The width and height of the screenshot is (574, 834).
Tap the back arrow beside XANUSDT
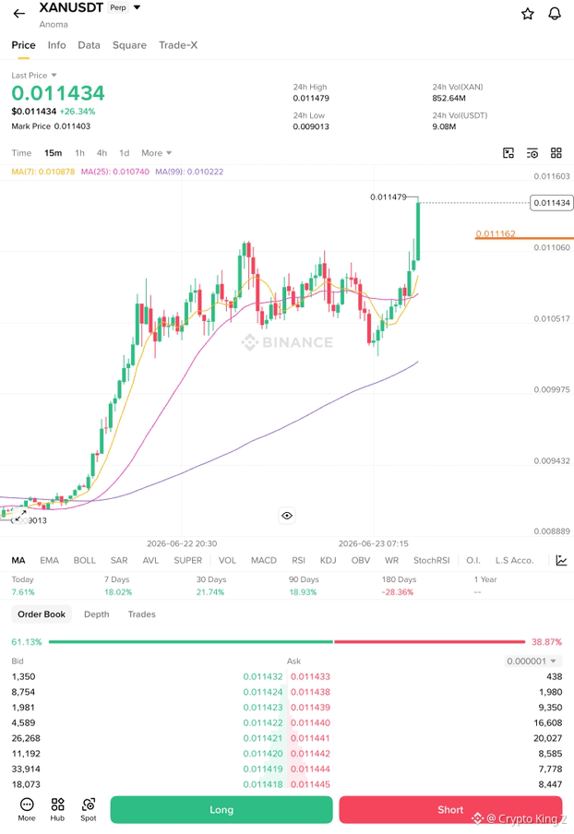[x=19, y=14]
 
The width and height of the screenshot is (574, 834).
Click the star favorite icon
[x=527, y=14]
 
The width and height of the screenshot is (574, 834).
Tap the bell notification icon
[x=555, y=14]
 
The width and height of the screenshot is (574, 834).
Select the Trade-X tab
[x=178, y=45]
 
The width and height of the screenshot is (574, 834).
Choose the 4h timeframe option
[x=102, y=153]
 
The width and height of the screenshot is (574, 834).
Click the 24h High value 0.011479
[x=311, y=99]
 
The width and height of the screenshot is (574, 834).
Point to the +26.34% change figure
[x=78, y=112]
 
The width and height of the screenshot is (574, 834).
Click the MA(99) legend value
[x=189, y=172]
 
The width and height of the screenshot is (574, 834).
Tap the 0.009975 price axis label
[x=552, y=390]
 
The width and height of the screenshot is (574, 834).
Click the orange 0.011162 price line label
[x=496, y=233]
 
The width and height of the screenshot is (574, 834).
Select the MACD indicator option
[x=264, y=561]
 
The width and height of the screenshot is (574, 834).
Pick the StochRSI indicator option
[x=432, y=561]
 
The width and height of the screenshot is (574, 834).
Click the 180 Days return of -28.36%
[x=398, y=592]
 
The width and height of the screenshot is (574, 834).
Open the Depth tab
[x=96, y=614]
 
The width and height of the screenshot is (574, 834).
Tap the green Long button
[x=221, y=810]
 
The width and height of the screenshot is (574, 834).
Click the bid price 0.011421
[x=263, y=738]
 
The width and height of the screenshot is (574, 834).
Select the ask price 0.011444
[x=310, y=769]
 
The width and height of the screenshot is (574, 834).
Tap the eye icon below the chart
[x=287, y=516]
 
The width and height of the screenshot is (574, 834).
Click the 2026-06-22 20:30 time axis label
[x=182, y=543]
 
